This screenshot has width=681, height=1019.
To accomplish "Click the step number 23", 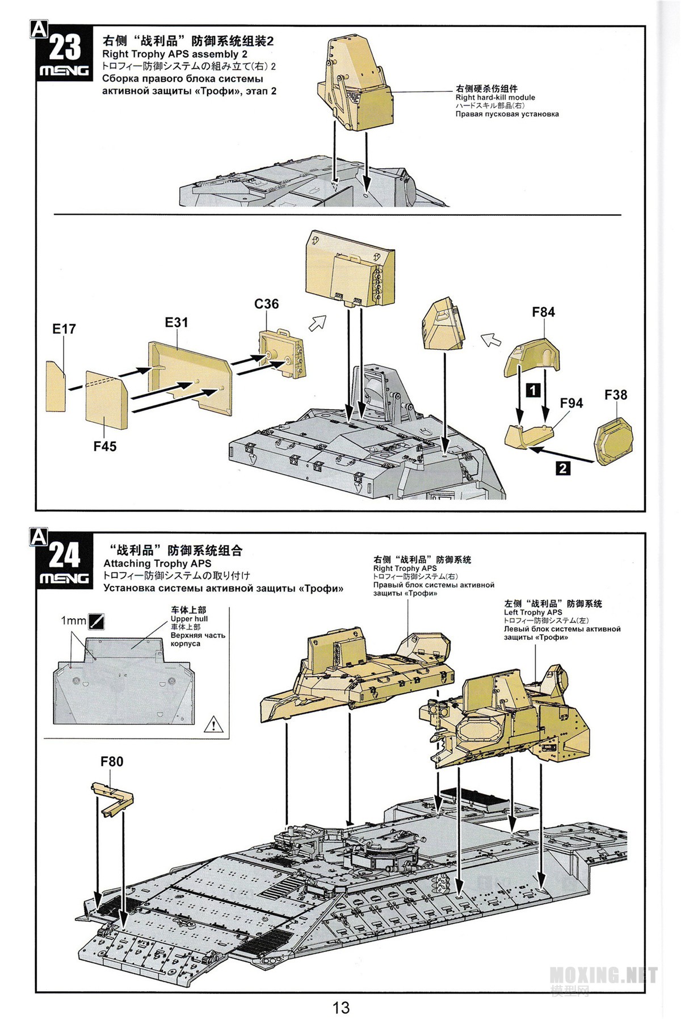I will pyautogui.click(x=65, y=47).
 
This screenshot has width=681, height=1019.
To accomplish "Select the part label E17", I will pyautogui.click(x=64, y=329).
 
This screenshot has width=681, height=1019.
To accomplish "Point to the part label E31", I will pyautogui.click(x=176, y=322).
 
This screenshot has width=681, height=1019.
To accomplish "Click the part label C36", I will pyautogui.click(x=266, y=304).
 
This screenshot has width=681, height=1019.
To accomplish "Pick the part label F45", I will pyautogui.click(x=105, y=446).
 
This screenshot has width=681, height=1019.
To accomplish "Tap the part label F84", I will pyautogui.click(x=543, y=312).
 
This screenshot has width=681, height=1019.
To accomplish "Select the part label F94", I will pyautogui.click(x=571, y=403).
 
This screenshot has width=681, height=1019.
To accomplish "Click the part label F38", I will pyautogui.click(x=615, y=395).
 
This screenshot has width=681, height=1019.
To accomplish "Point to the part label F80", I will pyautogui.click(x=112, y=761).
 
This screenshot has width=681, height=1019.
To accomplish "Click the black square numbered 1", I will pyautogui.click(x=533, y=390).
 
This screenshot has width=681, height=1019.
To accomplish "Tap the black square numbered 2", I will pyautogui.click(x=562, y=468).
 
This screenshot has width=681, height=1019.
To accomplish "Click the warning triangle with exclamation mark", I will pyautogui.click(x=213, y=724).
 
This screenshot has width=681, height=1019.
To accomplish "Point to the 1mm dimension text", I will pyautogui.click(x=73, y=621).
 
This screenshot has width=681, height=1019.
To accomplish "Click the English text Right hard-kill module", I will pyautogui.click(x=495, y=97).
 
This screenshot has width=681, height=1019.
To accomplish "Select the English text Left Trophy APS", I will pyautogui.click(x=532, y=613).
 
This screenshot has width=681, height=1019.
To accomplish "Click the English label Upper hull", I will pyautogui.click(x=189, y=619).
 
